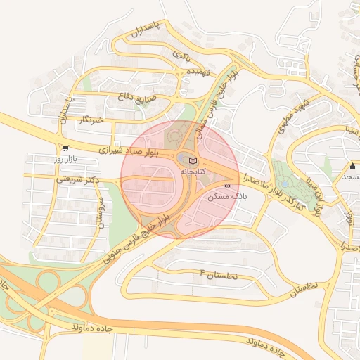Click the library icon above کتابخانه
(x=193, y=162)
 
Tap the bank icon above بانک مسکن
(x=226, y=186)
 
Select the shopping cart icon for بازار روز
(x=65, y=148)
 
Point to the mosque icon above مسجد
(x=352, y=166)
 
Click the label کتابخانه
(x=193, y=172)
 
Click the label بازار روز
(x=67, y=160)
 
